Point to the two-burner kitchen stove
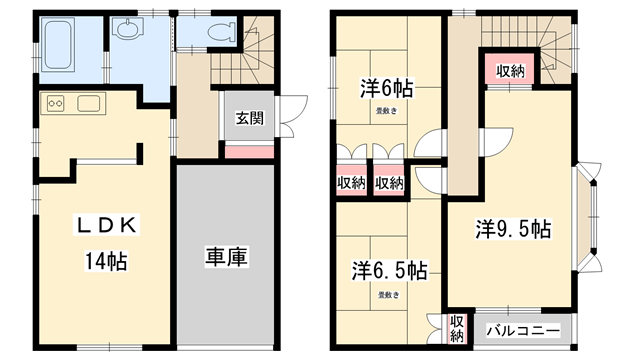[55, 102]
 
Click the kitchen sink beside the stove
[88, 102]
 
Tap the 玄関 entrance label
[249, 118]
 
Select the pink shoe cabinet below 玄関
[249, 151]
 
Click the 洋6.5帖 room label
[389, 271]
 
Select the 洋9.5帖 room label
[513, 229]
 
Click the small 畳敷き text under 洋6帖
[385, 111]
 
